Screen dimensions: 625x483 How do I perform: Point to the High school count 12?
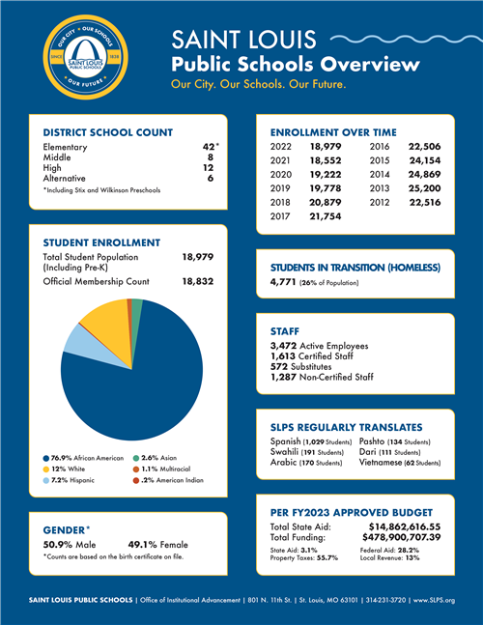(208, 167)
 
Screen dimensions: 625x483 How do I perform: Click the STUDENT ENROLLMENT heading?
(101, 241)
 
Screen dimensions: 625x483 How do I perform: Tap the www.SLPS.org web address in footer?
(434, 601)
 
